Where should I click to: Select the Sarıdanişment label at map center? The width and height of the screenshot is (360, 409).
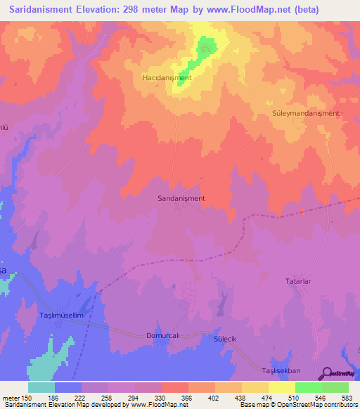coord(181,198)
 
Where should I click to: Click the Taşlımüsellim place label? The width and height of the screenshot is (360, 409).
coord(62,316)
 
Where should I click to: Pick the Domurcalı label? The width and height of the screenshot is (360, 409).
coord(163,336)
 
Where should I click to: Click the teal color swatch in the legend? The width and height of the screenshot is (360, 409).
coord(41,387)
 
